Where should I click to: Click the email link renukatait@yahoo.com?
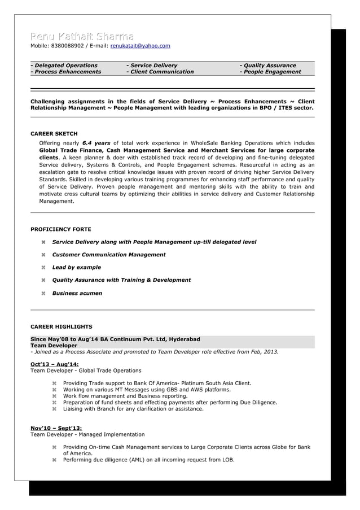click(x=140, y=46)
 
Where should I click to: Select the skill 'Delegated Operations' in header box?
click(x=65, y=66)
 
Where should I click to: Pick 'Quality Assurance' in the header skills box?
click(x=269, y=66)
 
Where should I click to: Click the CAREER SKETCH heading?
click(x=54, y=134)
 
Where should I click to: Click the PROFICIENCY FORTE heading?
click(x=60, y=229)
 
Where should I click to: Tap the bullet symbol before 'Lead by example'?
click(x=43, y=268)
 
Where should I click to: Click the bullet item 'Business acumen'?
click(x=77, y=293)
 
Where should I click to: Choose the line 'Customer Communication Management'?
click(x=109, y=255)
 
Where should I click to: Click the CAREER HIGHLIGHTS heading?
click(x=61, y=326)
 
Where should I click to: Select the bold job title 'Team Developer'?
click(x=54, y=345)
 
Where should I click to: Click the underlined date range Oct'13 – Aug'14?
click(x=54, y=364)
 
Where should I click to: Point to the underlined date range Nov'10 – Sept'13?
click(x=56, y=428)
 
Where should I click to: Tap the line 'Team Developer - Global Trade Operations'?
click(x=85, y=370)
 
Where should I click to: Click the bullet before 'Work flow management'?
click(x=55, y=396)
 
